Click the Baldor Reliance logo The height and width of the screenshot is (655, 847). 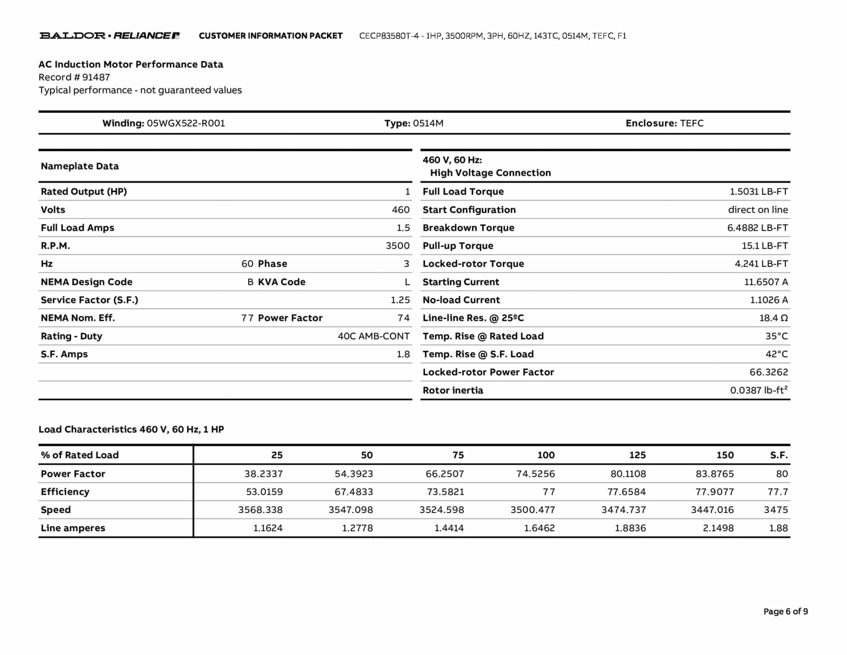pos(110,36)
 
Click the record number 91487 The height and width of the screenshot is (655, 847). pos(96,77)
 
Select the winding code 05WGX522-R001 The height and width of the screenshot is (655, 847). pos(186,123)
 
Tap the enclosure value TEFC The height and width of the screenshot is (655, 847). pos(691,123)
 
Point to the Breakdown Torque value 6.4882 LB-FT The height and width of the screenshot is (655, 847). pos(757,228)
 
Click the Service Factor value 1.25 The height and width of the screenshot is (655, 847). pos(400,300)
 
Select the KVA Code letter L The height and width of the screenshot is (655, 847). pos(407,282)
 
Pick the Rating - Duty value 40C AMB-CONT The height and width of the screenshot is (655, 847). pos(373,336)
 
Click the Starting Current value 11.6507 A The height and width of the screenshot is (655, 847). pos(766,282)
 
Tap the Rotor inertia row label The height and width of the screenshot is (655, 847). pos(452,390)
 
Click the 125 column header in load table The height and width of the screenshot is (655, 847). pos(637,455)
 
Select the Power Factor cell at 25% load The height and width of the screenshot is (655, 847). pos(263,474)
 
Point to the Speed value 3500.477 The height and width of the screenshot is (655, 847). pos(532,510)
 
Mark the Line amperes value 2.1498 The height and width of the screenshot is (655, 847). pos(718,528)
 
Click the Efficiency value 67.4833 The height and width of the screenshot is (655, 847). pos(354,492)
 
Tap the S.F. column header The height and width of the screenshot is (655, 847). pos(778,455)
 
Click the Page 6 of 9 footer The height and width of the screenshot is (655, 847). pos(785,612)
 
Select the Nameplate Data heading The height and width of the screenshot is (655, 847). pos(79,166)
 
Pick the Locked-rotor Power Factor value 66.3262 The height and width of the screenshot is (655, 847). pos(768,372)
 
